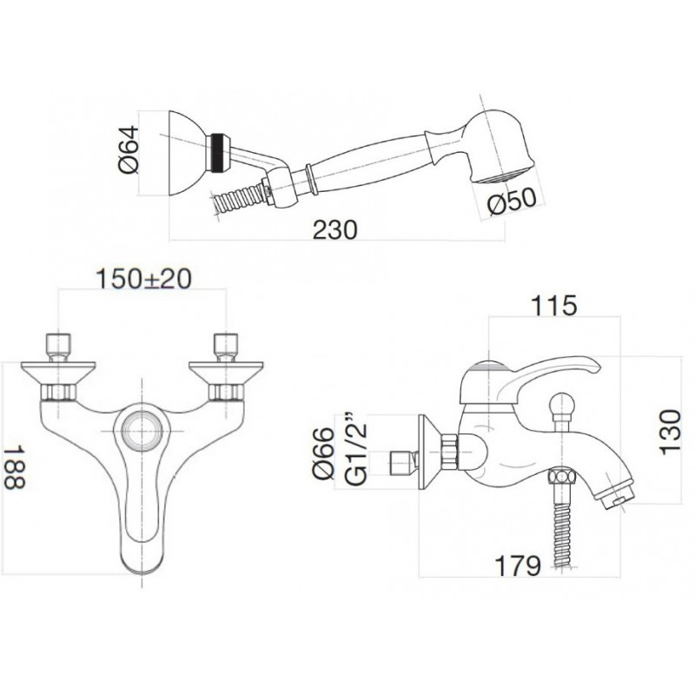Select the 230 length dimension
coord(335,230)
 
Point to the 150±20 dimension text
coord(143,279)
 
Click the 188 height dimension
coord(14,467)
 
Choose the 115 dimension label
coord(554,306)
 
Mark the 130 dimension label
coord(670,432)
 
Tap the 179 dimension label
coord(518,566)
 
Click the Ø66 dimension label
coord(323,453)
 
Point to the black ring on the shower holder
coord(217,153)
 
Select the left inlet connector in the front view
coord(58,347)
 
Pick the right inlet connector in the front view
coord(226,347)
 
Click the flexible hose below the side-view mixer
coord(562,526)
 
